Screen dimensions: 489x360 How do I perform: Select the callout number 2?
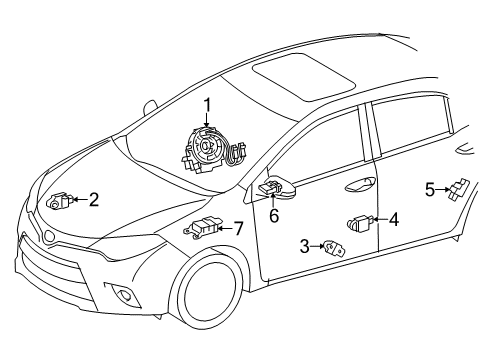click(93, 200)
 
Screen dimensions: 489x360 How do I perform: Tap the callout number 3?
click(304, 246)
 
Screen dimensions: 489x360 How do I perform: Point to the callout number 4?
click(394, 220)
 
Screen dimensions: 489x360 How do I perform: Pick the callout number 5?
click(430, 187)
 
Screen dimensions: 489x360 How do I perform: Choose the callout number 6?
click(273, 213)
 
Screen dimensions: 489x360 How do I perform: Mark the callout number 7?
click(238, 228)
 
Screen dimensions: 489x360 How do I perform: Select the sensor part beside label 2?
click(62, 200)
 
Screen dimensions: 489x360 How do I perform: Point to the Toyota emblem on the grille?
click(47, 237)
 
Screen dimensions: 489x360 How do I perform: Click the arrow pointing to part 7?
click(224, 229)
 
